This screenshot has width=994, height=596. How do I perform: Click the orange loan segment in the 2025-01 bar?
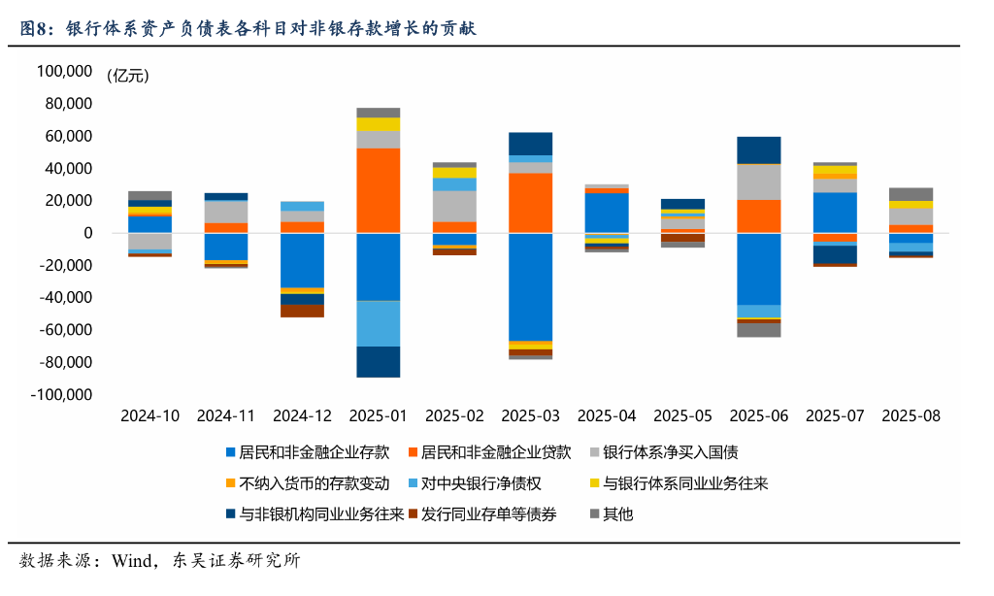point(379,189)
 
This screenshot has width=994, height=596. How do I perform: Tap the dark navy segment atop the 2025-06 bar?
point(758,149)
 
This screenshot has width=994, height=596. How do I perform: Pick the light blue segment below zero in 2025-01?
point(379,323)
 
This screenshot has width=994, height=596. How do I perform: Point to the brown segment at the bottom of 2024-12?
point(302,311)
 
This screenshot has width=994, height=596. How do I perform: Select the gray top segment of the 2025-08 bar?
point(911,194)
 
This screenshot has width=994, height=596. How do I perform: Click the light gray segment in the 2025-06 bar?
point(758,182)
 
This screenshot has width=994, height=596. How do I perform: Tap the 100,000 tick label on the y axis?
point(63,71)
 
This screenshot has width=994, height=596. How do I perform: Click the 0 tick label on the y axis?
point(87,233)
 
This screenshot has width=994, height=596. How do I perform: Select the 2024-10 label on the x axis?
point(149,415)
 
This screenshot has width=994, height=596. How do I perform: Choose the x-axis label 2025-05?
point(682,415)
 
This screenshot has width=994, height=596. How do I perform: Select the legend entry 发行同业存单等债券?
point(488,514)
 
